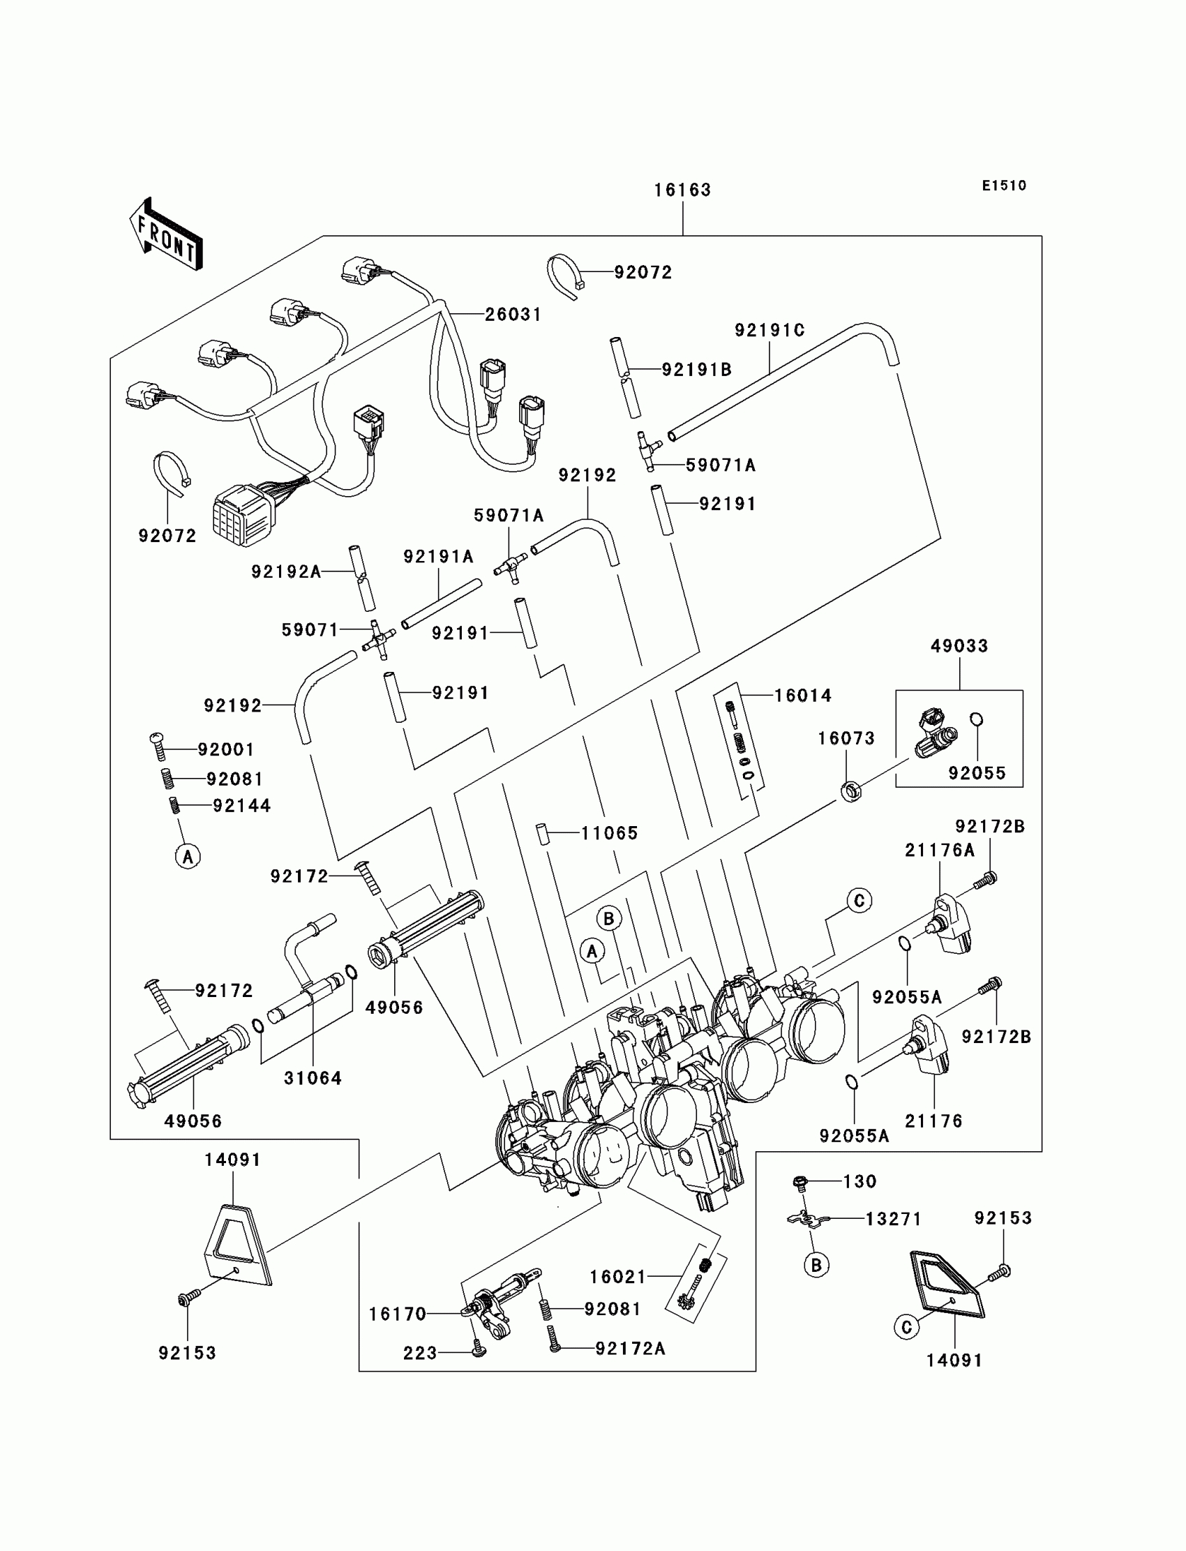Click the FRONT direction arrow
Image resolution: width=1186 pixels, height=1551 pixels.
[167, 234]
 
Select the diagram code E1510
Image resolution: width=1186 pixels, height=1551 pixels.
[1004, 186]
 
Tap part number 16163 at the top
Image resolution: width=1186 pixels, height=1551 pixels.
[682, 190]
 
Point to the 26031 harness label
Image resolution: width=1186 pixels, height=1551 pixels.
[513, 315]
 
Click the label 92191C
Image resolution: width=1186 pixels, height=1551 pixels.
[770, 331]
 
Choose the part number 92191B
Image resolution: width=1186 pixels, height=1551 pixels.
[697, 370]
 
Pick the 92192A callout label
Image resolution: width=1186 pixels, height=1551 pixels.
[287, 572]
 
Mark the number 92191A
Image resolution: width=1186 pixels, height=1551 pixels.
[438, 557]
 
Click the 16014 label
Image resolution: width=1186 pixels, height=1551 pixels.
[804, 696]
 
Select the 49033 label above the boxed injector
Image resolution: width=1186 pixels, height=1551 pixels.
[959, 646]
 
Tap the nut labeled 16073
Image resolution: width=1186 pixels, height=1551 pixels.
[850, 791]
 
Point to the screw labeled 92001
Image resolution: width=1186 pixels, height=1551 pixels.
[158, 747]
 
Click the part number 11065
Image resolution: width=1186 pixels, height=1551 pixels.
[609, 834]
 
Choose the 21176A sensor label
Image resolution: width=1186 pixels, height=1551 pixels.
[940, 851]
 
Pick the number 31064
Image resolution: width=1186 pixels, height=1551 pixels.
[313, 1078]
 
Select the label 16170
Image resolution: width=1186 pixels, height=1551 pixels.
[398, 1314]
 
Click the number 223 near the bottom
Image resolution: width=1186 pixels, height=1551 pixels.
[420, 1353]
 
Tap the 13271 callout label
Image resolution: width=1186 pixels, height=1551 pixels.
[893, 1218]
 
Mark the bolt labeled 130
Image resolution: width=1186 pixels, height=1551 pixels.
[800, 1181]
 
